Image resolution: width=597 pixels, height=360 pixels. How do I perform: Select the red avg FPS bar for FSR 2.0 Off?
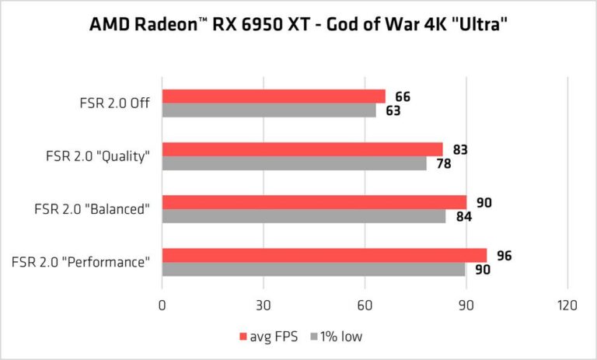pyautogui.click(x=273, y=96)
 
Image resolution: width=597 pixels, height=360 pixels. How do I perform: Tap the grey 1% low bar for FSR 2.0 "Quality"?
pyautogui.click(x=294, y=163)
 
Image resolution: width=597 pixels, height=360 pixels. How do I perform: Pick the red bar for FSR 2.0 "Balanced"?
pyautogui.click(x=313, y=202)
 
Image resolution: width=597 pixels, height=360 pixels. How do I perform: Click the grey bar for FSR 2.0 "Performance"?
pyautogui.click(x=313, y=269)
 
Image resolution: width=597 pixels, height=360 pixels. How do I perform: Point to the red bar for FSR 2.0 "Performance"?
pyautogui.click(x=323, y=255)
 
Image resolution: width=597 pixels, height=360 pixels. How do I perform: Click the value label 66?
pyautogui.click(x=402, y=97)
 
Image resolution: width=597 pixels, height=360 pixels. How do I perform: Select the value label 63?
pyautogui.click(x=392, y=111)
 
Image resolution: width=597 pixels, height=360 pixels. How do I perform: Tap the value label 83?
pyautogui.click(x=459, y=150)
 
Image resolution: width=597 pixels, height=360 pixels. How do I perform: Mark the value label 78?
pyautogui.click(x=442, y=164)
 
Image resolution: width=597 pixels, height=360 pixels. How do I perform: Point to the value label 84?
pyautogui.click(x=463, y=217)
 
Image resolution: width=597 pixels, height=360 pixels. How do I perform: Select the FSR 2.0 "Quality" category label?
pyautogui.click(x=98, y=156)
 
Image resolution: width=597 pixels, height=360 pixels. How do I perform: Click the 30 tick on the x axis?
pyautogui.click(x=263, y=306)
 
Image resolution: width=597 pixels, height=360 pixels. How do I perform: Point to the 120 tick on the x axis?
pyautogui.click(x=567, y=306)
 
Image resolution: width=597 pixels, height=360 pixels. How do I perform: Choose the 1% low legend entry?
pyautogui.click(x=335, y=337)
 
